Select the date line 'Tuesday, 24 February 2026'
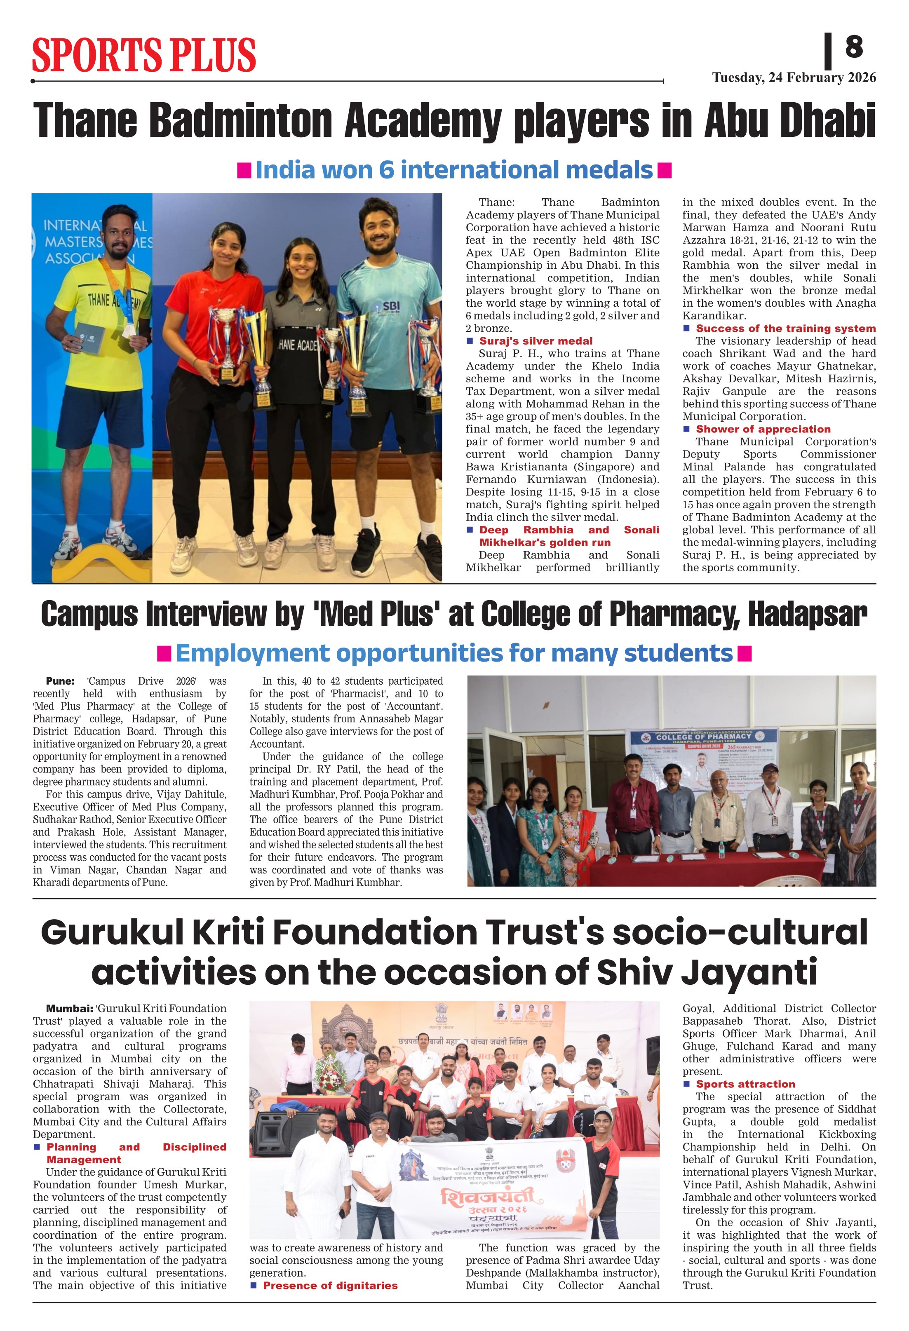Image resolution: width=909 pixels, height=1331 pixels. click(794, 78)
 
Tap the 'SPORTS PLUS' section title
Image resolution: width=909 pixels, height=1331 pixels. click(144, 55)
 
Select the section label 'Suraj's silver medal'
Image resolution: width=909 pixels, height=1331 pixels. click(536, 341)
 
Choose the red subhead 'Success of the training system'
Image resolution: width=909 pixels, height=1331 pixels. click(785, 328)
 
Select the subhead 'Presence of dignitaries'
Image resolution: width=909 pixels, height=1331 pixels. click(330, 1285)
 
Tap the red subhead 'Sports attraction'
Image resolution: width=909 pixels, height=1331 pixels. click(745, 1084)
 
